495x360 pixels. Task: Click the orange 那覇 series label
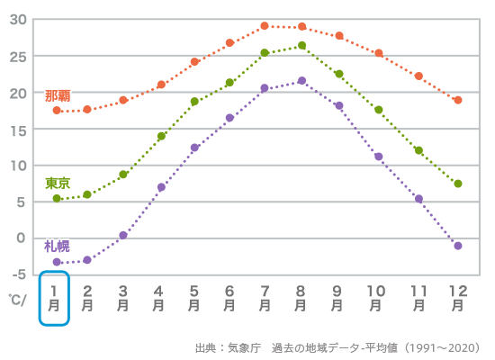click(58, 95)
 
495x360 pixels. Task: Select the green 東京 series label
click(58, 183)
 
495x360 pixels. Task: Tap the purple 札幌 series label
click(57, 246)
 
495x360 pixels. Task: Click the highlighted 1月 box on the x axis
click(54, 298)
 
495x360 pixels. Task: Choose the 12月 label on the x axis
click(458, 298)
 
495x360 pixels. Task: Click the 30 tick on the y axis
click(19, 20)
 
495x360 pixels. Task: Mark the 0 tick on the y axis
click(22, 238)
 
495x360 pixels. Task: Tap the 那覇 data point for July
click(265, 26)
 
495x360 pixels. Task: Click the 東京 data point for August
click(301, 46)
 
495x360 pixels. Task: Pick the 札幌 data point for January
click(57, 262)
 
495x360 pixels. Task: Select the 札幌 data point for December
click(458, 246)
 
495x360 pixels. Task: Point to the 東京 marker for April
click(162, 137)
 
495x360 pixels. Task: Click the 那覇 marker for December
click(458, 100)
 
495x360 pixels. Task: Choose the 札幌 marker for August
click(301, 81)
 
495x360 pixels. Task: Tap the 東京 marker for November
click(418, 150)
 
